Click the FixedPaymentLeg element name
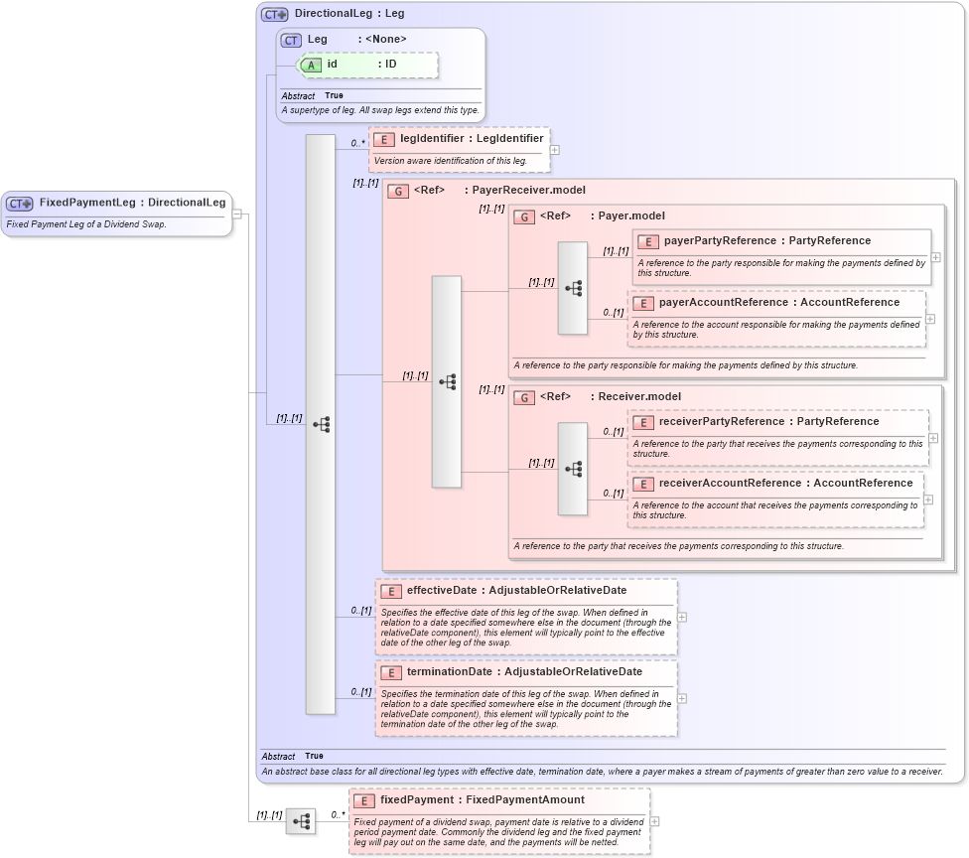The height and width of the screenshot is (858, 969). [x=87, y=203]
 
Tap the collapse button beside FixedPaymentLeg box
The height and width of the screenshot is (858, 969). [x=237, y=213]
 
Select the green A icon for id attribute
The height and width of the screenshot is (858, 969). [x=312, y=65]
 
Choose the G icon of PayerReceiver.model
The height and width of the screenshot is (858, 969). [x=397, y=190]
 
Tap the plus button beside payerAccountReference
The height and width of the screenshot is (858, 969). [x=930, y=319]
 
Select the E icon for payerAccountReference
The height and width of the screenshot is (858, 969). [x=642, y=303]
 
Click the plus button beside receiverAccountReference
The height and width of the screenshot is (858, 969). [x=928, y=500]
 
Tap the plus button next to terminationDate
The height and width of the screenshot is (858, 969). [x=682, y=698]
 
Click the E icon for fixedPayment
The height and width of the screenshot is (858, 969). [x=363, y=800]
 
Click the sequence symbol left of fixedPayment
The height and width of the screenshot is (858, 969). [x=301, y=821]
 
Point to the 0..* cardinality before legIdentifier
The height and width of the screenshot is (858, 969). [x=357, y=143]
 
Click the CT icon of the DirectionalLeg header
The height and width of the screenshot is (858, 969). [x=275, y=15]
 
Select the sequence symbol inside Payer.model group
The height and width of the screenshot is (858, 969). [x=573, y=288]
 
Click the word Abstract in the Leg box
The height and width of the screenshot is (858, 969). [x=298, y=96]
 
